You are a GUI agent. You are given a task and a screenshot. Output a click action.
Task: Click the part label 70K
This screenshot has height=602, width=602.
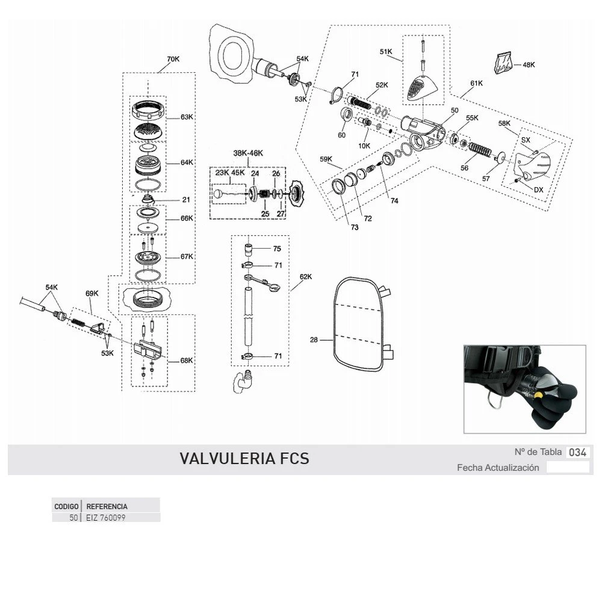click(173, 59)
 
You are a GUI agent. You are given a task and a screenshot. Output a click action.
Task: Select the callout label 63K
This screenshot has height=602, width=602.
click(187, 117)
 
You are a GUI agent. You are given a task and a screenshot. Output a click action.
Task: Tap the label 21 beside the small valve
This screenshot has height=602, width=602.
click(186, 200)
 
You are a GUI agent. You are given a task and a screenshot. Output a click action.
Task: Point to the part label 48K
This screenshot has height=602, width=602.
click(529, 64)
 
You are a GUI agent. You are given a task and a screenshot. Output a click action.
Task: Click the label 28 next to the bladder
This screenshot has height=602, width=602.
click(314, 340)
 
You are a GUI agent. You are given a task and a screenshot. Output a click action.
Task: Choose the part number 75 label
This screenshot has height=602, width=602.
click(277, 248)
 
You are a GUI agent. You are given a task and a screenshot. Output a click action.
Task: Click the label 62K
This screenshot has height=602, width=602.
click(306, 277)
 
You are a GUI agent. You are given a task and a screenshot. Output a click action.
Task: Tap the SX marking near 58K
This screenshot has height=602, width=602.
click(526, 140)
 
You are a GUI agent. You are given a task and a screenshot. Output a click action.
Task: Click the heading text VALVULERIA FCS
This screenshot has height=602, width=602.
click(244, 459)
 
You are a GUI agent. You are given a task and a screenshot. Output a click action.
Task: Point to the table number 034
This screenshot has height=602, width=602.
click(578, 452)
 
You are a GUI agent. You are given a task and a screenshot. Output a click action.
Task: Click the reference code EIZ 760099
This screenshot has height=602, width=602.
click(105, 518)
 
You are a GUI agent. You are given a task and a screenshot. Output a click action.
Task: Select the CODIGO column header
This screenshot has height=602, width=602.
click(66, 507)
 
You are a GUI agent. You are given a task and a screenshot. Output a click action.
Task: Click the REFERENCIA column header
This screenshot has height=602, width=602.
click(107, 507)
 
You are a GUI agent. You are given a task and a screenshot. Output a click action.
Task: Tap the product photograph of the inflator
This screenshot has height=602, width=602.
click(524, 388)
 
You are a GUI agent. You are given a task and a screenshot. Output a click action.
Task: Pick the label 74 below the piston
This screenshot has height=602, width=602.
click(394, 201)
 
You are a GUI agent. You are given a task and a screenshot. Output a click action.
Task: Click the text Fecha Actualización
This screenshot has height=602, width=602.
click(498, 468)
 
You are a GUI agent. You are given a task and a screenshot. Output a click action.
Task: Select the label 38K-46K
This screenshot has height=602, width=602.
click(249, 153)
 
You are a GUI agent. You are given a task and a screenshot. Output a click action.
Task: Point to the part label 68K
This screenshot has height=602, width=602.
click(187, 361)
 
